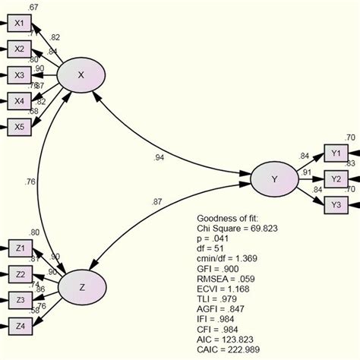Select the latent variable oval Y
click(273, 178)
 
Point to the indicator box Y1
click(335, 153)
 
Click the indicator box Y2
click(335, 178)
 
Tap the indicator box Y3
click(335, 204)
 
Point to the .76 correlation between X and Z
click(31, 182)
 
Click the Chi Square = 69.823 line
click(239, 227)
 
